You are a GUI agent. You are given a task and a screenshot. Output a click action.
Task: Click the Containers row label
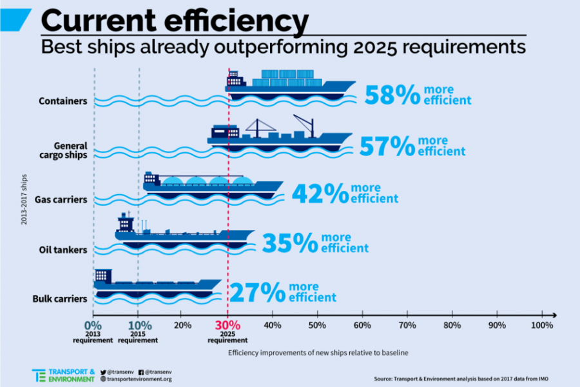[63, 101]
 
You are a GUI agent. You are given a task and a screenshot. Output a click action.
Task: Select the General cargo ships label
[70, 150]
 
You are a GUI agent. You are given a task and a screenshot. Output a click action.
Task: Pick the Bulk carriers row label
[60, 299]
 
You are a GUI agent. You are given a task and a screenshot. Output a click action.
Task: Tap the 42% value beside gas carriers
[320, 193]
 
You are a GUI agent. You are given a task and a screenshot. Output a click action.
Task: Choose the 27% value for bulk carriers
[258, 292]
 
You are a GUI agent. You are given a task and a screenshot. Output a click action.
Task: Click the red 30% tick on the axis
[227, 325]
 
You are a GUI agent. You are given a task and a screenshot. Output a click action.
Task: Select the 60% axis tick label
[362, 325]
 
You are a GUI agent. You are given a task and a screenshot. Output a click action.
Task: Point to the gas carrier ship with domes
[213, 184]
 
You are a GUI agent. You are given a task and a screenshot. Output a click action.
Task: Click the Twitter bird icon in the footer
[103, 372]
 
